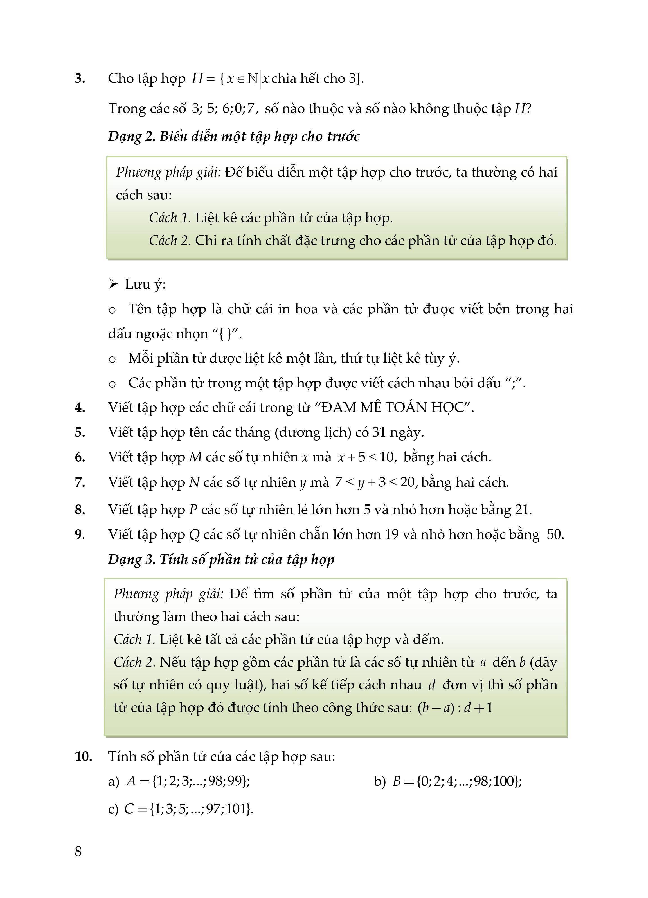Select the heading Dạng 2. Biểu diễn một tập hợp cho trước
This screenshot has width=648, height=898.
pos(234,136)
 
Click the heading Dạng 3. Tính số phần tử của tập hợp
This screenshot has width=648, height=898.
pos(221,559)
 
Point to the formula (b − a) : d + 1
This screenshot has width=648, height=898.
pos(455,707)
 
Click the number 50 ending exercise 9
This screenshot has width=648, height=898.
pos(555,535)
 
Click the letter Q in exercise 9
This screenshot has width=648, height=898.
pos(194,535)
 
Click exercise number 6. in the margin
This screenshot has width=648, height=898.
pos(80,457)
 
